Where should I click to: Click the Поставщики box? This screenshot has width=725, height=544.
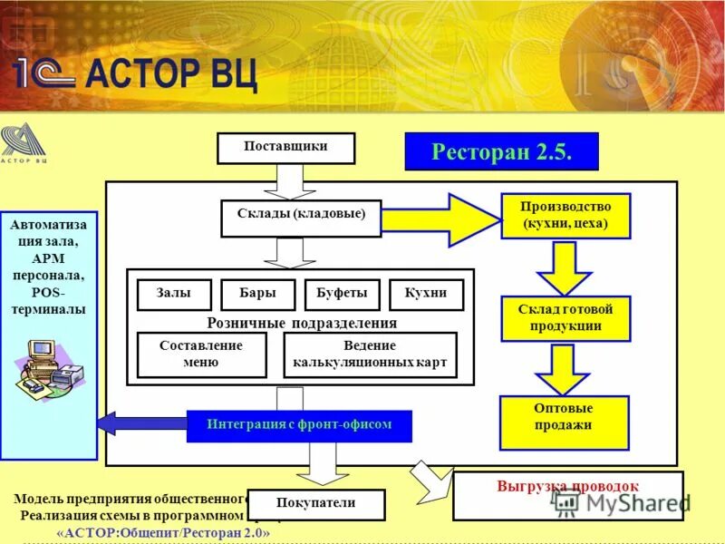click(x=285, y=148)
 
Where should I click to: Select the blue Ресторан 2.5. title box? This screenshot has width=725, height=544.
click(x=501, y=151)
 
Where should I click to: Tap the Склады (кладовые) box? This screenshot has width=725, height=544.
click(x=301, y=218)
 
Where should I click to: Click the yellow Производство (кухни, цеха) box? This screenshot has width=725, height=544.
click(x=565, y=216)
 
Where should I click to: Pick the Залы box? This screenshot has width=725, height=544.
click(x=174, y=295)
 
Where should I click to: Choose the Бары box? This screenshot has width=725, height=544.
click(x=257, y=295)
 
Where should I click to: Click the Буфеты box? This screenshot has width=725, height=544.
click(x=342, y=295)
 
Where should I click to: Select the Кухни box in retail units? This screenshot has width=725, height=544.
click(x=426, y=295)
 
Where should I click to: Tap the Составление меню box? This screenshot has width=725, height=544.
click(x=201, y=355)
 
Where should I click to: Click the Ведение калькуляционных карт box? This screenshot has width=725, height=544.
click(x=370, y=355)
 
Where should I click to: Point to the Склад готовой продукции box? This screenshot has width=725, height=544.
click(x=565, y=318)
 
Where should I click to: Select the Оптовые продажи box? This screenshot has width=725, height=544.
click(x=564, y=423)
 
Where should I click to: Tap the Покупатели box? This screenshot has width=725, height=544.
click(x=316, y=504)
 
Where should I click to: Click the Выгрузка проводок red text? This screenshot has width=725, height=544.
click(x=567, y=486)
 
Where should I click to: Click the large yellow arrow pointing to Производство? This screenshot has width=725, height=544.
click(x=439, y=219)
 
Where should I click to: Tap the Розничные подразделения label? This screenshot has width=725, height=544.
click(x=302, y=323)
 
